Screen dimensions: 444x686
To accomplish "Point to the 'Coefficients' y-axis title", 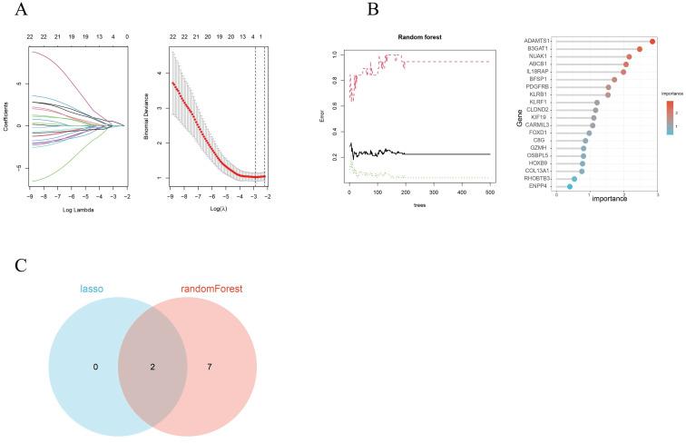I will coord(6,116).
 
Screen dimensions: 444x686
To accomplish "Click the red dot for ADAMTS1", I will coord(652,42).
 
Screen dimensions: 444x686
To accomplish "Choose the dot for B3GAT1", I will coord(640,49).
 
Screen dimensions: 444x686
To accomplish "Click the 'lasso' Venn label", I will coord(90,289).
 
